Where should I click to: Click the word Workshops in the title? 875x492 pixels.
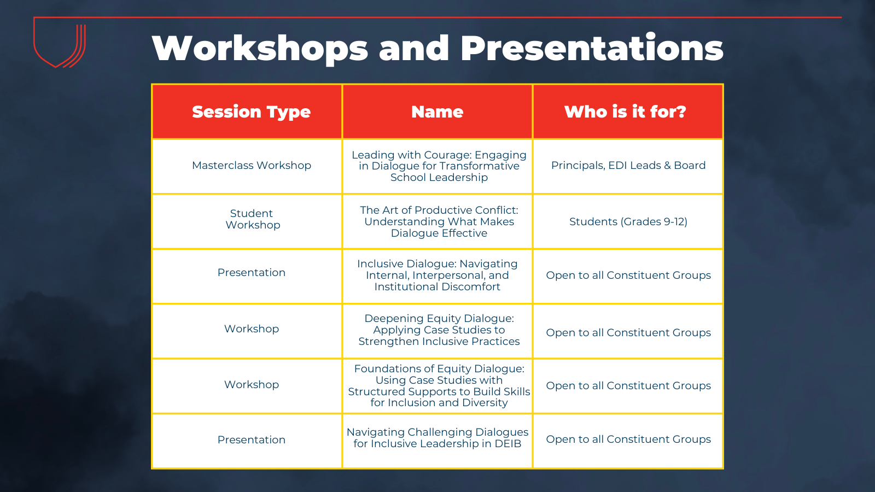tap(260, 48)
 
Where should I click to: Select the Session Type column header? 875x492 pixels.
tap(251, 112)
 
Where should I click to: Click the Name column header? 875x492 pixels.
tap(437, 112)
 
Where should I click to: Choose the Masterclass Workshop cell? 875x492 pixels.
tap(252, 166)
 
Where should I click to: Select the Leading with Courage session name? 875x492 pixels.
tap(439, 166)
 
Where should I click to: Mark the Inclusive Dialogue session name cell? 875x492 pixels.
tap(437, 276)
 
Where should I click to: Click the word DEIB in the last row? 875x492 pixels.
tap(508, 443)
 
